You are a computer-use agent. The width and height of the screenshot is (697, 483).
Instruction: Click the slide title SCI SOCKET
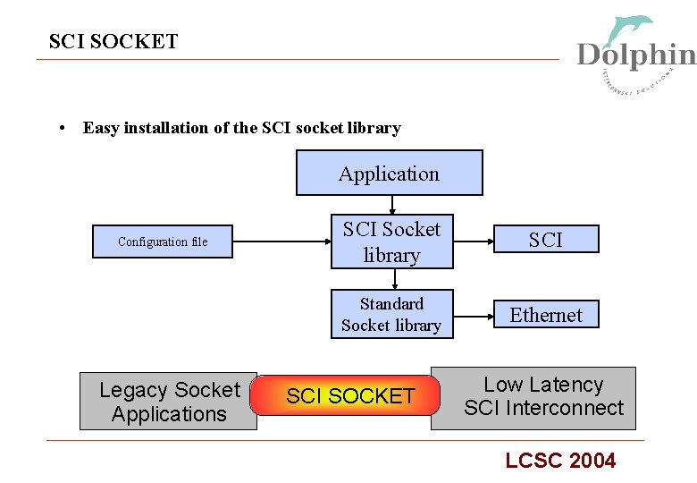pos(113,41)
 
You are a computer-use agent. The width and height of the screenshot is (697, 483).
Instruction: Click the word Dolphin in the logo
pos(635,55)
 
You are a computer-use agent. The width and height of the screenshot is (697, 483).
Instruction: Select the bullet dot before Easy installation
pos(59,128)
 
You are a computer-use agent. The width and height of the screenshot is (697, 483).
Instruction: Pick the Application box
pos(389,173)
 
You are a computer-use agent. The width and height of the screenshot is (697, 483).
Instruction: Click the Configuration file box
pos(163,241)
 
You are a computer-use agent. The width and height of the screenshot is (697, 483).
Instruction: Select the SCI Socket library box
pos(391,241)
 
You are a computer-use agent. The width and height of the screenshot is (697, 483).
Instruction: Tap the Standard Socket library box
pos(391,314)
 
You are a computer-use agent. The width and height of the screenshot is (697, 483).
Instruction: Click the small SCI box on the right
pos(545,240)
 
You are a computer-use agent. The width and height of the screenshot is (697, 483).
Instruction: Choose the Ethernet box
pos(545,315)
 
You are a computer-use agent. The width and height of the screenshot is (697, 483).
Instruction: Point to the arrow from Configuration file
pos(281,241)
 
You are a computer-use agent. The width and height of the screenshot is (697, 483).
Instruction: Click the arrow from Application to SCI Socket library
pos(391,206)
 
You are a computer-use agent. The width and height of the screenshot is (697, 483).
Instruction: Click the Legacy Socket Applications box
pos(168,402)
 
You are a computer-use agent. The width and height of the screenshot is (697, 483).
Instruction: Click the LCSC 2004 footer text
pos(560,461)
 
